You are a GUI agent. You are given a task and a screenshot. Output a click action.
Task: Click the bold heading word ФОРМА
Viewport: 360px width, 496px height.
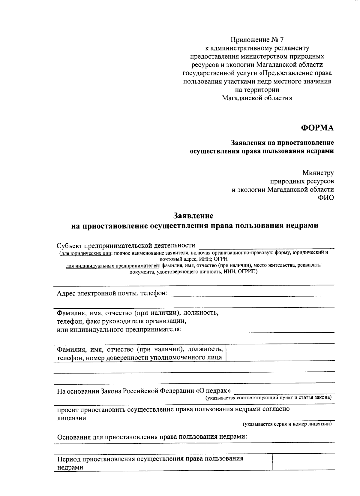pos(317,128)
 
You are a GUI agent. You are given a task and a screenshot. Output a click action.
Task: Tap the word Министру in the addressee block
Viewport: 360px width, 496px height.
pos(318,173)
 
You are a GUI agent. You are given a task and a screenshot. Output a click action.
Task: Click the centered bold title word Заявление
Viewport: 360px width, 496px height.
pos(193,216)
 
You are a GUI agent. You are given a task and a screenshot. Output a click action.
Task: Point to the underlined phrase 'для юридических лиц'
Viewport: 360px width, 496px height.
pos(85,253)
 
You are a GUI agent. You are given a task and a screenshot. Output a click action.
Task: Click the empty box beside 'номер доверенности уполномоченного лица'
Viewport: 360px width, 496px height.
pos(280,353)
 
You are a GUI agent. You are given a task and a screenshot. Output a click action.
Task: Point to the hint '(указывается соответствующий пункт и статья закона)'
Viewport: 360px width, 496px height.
pos(268,398)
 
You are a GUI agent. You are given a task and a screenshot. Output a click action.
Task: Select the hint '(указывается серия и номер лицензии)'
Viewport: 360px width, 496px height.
pos(287,424)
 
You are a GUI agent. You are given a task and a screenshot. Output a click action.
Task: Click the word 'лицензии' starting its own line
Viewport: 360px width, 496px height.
pos(72,418)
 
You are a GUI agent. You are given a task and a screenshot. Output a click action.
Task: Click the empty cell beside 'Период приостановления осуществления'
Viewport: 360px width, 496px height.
pos(303,462)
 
